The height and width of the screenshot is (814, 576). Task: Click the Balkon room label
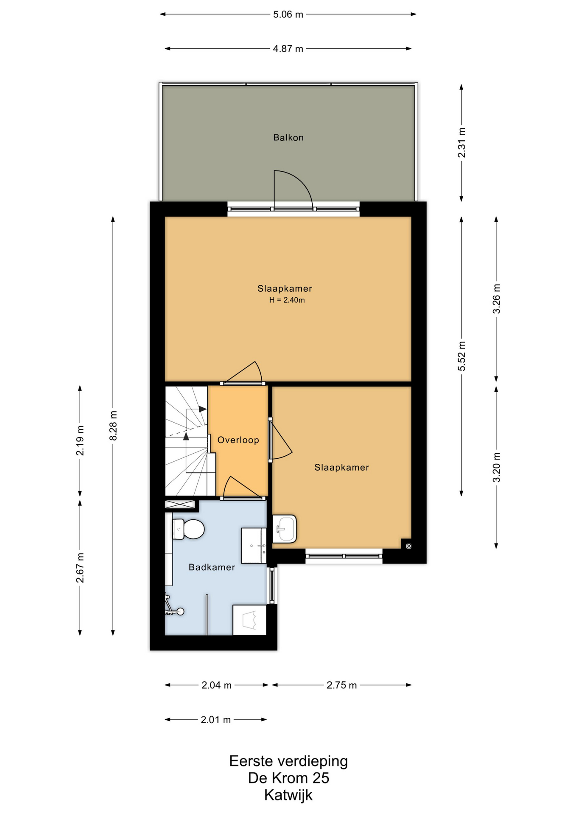[x=288, y=137]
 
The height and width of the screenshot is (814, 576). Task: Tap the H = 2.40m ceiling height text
[x=287, y=300]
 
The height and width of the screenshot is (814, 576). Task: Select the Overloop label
[x=238, y=440]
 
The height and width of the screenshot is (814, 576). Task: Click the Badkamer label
[x=212, y=567]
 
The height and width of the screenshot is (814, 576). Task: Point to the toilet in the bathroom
[x=188, y=529]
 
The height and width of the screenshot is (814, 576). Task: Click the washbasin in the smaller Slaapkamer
[x=284, y=529]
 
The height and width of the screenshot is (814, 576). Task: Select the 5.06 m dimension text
[x=288, y=14]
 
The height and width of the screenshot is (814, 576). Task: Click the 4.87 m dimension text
[x=288, y=49]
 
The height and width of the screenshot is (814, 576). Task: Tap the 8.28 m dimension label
[x=113, y=426]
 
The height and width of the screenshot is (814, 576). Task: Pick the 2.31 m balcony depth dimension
[x=461, y=142]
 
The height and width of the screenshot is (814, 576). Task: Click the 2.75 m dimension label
[x=341, y=685]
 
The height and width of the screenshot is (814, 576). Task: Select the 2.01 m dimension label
[x=215, y=720]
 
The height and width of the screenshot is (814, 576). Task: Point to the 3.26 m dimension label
[x=496, y=299]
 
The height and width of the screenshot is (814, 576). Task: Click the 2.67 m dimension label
[x=80, y=568]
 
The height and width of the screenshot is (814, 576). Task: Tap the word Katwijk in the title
[x=288, y=795]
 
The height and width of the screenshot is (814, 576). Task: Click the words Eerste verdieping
[x=288, y=761]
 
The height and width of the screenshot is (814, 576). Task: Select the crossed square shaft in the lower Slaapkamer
[x=408, y=546]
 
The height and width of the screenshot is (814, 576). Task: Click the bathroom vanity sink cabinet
[x=254, y=546]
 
